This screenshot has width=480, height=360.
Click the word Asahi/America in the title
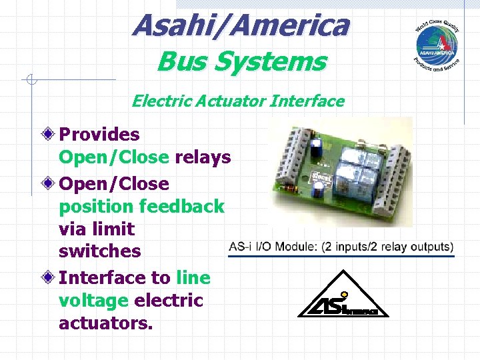click(x=240, y=25)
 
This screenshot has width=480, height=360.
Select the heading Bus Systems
click(x=241, y=62)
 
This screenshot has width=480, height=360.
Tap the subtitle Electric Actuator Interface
click(x=238, y=101)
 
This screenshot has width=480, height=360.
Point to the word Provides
click(x=99, y=135)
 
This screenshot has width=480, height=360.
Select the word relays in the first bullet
click(x=203, y=157)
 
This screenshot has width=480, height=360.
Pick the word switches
click(x=100, y=251)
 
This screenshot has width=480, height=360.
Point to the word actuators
click(x=105, y=323)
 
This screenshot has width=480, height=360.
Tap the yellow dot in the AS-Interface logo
click(x=344, y=293)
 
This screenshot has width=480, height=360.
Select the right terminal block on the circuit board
click(x=392, y=180)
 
